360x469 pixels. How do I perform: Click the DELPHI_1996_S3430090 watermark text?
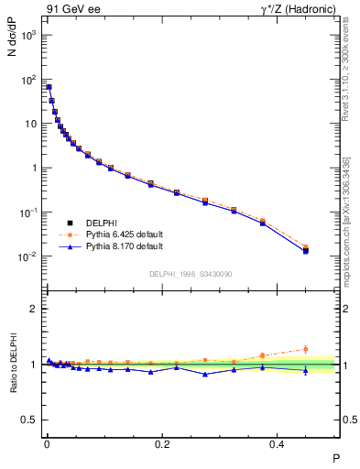tap(191, 274)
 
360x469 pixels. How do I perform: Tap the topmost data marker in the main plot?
tap(49, 87)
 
